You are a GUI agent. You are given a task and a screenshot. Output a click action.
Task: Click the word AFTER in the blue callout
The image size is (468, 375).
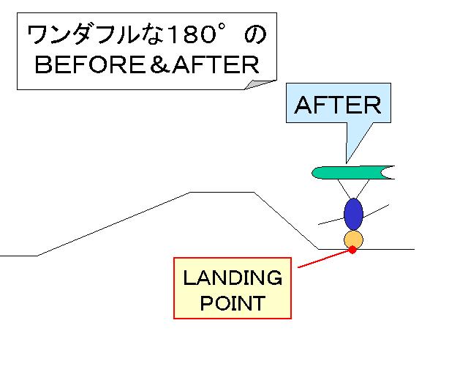[338, 105]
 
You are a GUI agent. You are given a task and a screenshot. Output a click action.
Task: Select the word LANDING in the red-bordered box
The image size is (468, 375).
[232, 278]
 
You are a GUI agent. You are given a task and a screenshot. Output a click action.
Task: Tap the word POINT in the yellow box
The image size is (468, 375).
[232, 302]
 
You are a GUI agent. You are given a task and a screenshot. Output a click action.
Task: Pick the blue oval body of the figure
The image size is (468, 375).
[353, 214]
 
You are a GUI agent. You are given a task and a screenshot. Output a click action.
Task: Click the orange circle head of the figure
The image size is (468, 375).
[353, 240]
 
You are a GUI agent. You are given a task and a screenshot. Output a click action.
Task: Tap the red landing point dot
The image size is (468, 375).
[352, 250]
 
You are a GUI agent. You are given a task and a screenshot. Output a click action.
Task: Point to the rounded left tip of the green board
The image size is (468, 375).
[317, 173]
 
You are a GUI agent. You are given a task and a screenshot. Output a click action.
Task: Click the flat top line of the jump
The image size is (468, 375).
[222, 192]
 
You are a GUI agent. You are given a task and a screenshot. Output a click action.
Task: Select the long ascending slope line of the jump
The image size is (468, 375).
[113, 224]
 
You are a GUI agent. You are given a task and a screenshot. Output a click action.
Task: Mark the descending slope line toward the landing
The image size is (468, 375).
[285, 220]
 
